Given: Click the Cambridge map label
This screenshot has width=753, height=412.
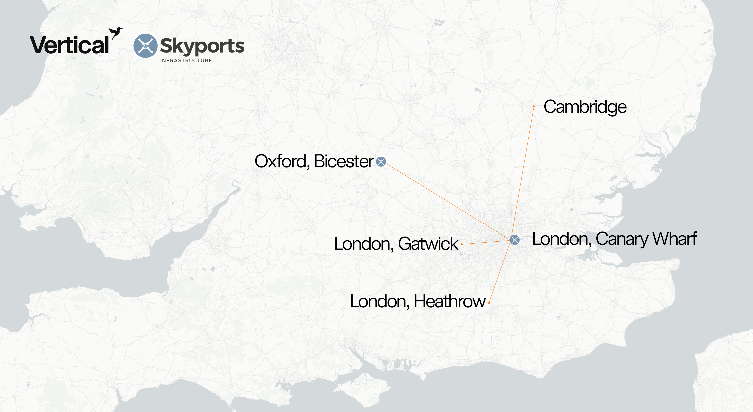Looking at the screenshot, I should pyautogui.click(x=585, y=107).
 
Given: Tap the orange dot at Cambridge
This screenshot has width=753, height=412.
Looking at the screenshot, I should pyautogui.click(x=534, y=106).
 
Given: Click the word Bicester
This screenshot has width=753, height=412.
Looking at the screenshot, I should pyautogui.click(x=344, y=161).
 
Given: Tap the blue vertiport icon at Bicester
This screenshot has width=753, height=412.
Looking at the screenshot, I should pyautogui.click(x=381, y=161).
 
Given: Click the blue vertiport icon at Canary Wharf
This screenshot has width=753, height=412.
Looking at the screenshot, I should pyautogui.click(x=514, y=240).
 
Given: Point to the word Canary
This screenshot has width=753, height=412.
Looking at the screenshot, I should pyautogui.click(x=622, y=239).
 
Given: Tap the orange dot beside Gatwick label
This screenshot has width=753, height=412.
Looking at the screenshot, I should pyautogui.click(x=462, y=244).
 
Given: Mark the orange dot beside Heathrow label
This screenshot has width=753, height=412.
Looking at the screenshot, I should pyautogui.click(x=489, y=303).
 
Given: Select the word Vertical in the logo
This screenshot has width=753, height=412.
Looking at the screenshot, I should pyautogui.click(x=69, y=45).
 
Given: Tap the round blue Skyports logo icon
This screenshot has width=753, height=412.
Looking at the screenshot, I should pyautogui.click(x=145, y=46).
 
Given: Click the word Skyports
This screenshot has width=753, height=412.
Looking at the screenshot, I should pyautogui.click(x=202, y=46).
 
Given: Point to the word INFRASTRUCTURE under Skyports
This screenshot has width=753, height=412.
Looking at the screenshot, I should pyautogui.click(x=186, y=61).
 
